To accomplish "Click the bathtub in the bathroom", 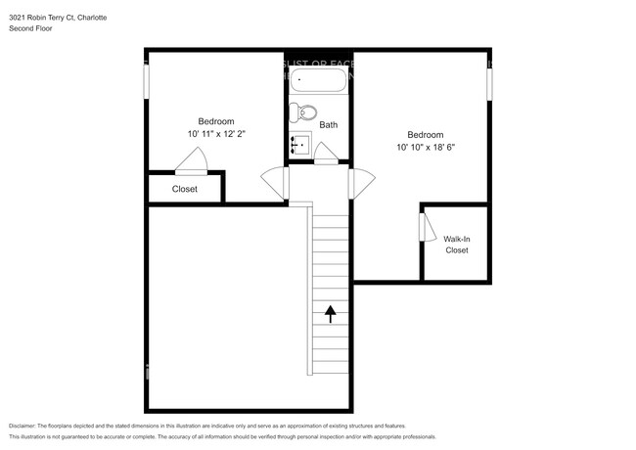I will pyautogui.click(x=318, y=78).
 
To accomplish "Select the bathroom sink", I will pyautogui.click(x=299, y=146).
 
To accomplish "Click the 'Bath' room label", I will pyautogui.click(x=328, y=125).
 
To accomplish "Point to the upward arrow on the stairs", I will pyautogui.click(x=330, y=313).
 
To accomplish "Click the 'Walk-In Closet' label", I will pyautogui.click(x=456, y=244).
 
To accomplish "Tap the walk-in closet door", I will pyautogui.click(x=427, y=227).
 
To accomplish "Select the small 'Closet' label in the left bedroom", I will pyautogui.click(x=184, y=189).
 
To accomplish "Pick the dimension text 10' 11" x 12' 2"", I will pyautogui.click(x=216, y=134).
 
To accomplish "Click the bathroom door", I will pyautogui.click(x=325, y=154).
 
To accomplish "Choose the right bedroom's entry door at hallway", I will pyautogui.click(x=361, y=183).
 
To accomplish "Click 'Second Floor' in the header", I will pyautogui.click(x=31, y=29).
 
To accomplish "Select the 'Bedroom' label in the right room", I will pyautogui.click(x=425, y=135).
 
